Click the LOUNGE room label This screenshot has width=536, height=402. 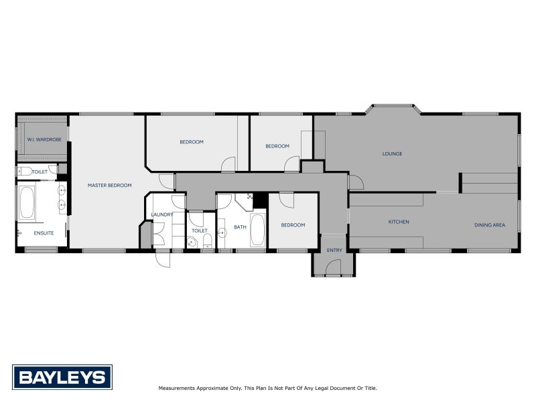pos(392,154)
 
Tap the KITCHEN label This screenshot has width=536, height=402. pos(399,222)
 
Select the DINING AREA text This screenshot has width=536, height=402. pos(489,225)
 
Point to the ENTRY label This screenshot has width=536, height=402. pos(334,251)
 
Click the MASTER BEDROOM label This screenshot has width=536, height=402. pos(109,185)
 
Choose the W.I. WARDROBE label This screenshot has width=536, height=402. pos(44,139)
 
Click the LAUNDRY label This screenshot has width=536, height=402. pos(162,214)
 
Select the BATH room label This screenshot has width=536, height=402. pos(240,227)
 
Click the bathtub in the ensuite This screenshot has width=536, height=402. pos(27,203)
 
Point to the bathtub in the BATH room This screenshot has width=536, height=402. pos(258,231)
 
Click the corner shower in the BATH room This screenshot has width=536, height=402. pos(244,201)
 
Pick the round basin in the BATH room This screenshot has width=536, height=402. pos(222,232)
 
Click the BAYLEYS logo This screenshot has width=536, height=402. pos(62,377)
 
